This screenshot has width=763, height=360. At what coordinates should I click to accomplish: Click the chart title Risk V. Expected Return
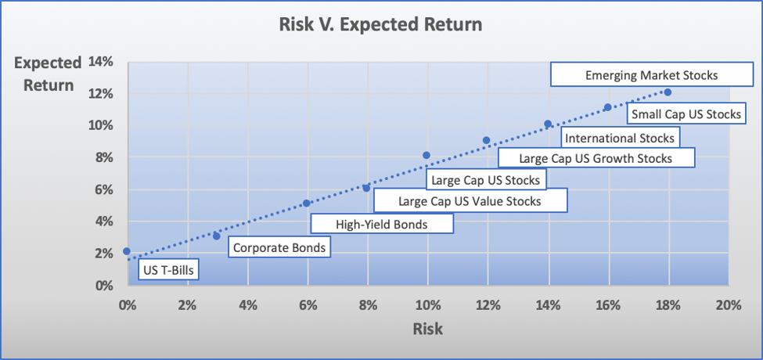[381, 24]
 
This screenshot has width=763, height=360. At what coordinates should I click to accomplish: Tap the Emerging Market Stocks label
[652, 75]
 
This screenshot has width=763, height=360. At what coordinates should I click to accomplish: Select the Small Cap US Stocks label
[686, 113]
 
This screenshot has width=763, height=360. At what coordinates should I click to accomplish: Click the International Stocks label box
[620, 138]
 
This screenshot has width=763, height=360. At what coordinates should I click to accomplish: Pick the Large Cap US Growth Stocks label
[596, 158]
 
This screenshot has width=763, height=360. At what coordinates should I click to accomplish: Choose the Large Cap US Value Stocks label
[470, 200]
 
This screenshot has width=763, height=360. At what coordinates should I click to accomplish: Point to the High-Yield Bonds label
[382, 225]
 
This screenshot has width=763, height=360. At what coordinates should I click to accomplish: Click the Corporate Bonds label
[279, 247]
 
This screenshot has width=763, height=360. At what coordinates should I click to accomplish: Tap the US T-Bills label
[169, 270]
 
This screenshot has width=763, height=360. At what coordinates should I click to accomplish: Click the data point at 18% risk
[668, 92]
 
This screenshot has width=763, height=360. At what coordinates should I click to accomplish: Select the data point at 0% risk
[127, 251]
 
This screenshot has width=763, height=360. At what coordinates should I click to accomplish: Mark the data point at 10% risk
[426, 155]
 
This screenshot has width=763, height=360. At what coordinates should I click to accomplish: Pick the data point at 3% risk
[217, 236]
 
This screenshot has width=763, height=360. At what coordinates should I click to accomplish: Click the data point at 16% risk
[608, 107]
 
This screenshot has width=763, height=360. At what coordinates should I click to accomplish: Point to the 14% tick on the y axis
[100, 63]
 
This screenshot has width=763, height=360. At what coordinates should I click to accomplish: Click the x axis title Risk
[428, 329]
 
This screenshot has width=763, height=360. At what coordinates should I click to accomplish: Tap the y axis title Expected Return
[47, 74]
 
